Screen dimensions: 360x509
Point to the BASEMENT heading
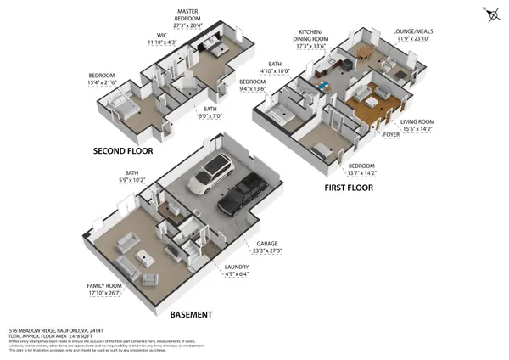[191, 314]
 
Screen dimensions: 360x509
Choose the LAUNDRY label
[237, 267]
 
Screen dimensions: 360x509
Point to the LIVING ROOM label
[417, 122]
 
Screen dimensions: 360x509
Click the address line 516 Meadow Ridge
[56, 330]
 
